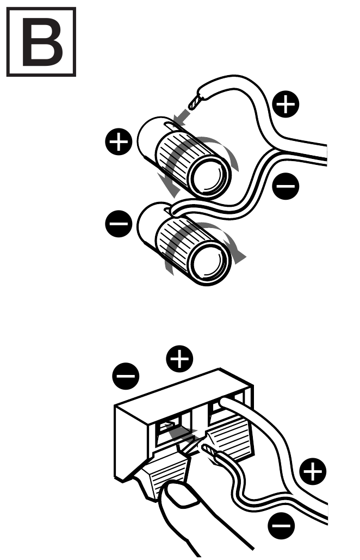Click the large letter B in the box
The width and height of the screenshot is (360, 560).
(x=41, y=42)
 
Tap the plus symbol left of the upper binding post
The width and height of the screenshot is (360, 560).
(x=118, y=143)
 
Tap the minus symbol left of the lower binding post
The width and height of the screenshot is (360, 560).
(x=118, y=223)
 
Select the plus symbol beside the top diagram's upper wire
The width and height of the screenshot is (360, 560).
(x=285, y=104)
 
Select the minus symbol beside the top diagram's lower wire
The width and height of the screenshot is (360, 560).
(x=285, y=187)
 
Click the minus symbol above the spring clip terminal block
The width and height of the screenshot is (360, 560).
(x=126, y=375)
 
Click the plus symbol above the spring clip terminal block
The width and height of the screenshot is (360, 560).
(x=181, y=359)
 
